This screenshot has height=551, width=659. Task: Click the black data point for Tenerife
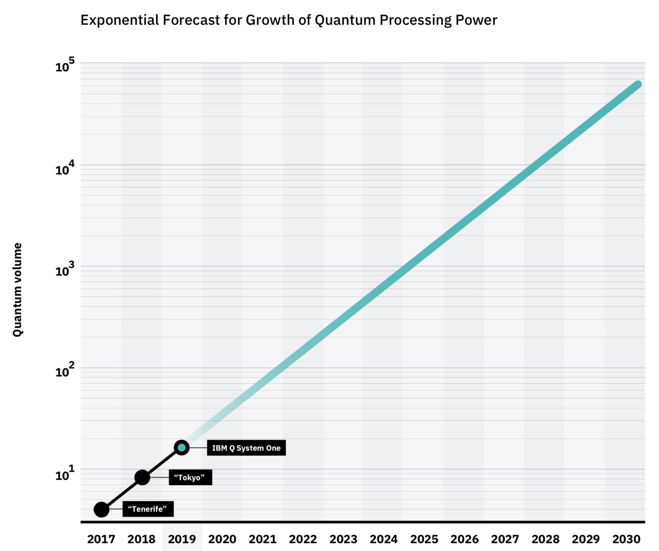pyautogui.click(x=102, y=509)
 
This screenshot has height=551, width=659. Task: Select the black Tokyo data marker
pyautogui.click(x=142, y=477)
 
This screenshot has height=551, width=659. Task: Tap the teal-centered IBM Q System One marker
pyautogui.click(x=182, y=448)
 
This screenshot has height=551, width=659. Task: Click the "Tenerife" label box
pyautogui.click(x=148, y=509)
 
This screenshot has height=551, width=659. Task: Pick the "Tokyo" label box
pyautogui.click(x=190, y=477)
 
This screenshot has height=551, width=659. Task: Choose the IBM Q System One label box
pyautogui.click(x=246, y=448)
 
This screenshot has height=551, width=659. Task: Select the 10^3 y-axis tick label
pyautogui.click(x=65, y=270)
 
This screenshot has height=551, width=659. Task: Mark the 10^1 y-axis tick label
pyautogui.click(x=65, y=474)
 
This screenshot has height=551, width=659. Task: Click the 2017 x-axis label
pyautogui.click(x=101, y=539)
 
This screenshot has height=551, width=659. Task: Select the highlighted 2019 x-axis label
pyautogui.click(x=182, y=539)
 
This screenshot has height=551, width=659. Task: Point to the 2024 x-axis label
pyautogui.click(x=384, y=539)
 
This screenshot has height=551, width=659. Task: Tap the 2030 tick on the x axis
pyautogui.click(x=626, y=539)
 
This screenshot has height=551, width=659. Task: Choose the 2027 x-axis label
pyautogui.click(x=505, y=539)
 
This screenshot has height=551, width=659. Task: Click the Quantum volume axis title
pyautogui.click(x=17, y=290)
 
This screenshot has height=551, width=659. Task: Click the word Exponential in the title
pyautogui.click(x=119, y=20)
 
